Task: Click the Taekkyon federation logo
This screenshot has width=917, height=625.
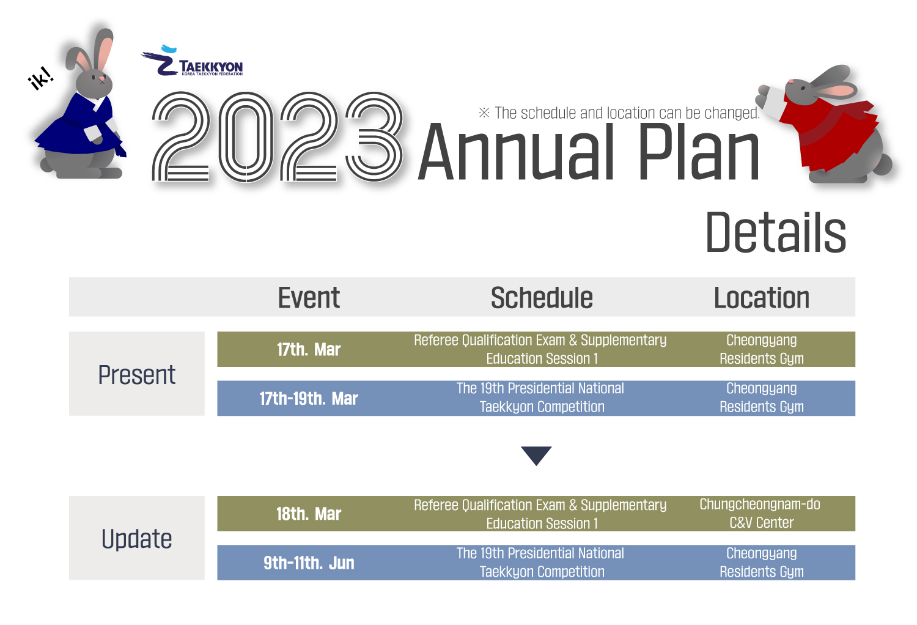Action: click(x=192, y=61)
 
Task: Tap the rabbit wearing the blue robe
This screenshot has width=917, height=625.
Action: click(x=82, y=106)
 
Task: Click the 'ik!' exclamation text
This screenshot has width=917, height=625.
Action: click(x=41, y=78)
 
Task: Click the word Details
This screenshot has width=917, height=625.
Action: click(x=776, y=232)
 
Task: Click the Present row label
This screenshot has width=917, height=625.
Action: click(x=137, y=375)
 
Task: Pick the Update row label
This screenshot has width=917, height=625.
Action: click(x=137, y=539)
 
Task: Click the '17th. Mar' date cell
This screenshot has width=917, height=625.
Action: click(x=309, y=349)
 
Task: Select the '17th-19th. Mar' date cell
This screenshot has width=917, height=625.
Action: click(x=309, y=399)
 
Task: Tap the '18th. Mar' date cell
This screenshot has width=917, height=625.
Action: click(x=309, y=514)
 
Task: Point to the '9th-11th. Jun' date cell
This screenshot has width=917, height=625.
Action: click(x=309, y=563)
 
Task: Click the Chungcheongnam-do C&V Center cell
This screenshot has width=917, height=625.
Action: click(x=760, y=514)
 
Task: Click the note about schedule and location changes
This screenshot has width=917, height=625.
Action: click(x=619, y=113)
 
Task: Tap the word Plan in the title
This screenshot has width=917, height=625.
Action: click(x=699, y=152)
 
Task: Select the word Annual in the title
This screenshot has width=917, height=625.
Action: click(x=516, y=152)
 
